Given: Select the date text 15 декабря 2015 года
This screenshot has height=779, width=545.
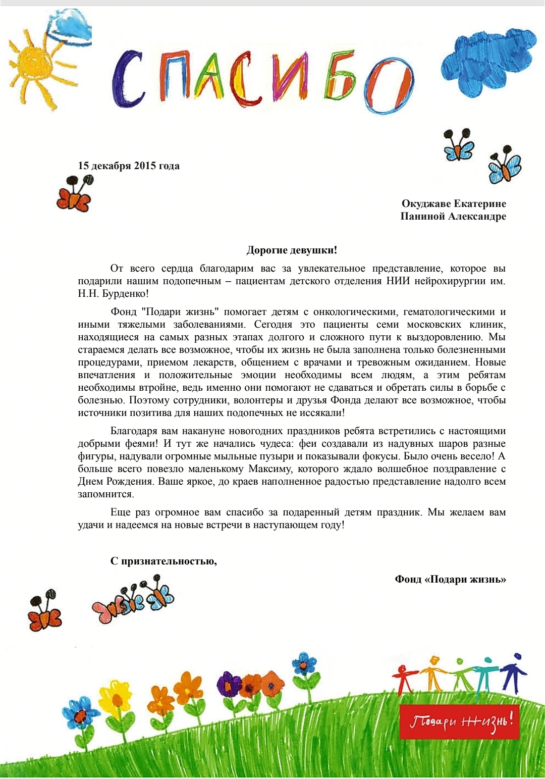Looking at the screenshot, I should (x=129, y=166).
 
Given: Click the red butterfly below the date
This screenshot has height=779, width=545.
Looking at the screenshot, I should (x=74, y=194).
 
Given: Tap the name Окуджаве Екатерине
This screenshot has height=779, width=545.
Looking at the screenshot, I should (x=454, y=203).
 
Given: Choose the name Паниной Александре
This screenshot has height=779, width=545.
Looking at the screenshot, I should (x=453, y=216).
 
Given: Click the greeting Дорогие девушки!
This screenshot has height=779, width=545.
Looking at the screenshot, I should (x=292, y=250).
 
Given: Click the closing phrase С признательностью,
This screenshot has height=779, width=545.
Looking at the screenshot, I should (x=163, y=561).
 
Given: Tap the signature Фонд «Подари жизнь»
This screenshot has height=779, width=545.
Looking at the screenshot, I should (x=450, y=579).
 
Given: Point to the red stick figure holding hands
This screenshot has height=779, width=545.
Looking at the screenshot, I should (x=404, y=679).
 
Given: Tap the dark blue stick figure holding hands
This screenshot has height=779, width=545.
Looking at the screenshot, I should (x=515, y=671).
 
